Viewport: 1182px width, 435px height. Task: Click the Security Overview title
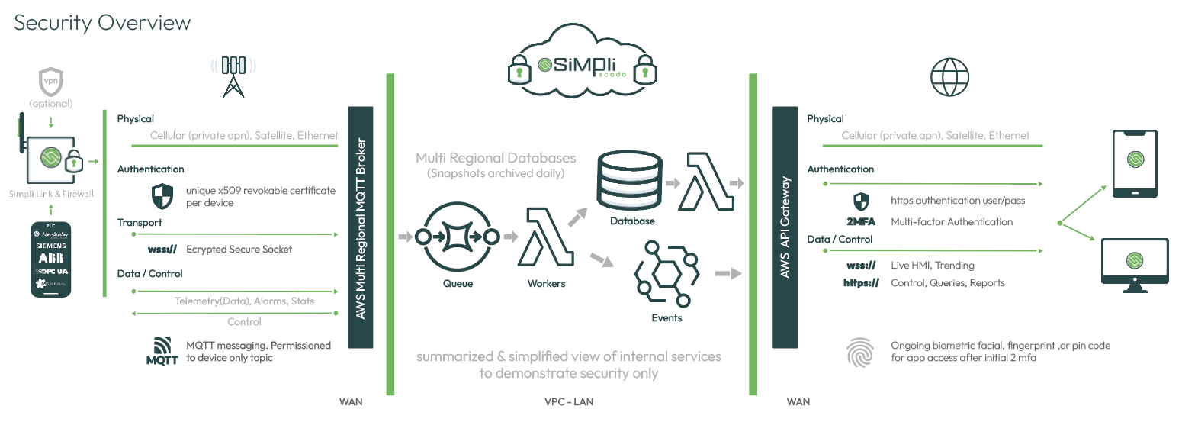coord(102,23)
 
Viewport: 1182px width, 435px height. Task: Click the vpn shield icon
coord(51,81)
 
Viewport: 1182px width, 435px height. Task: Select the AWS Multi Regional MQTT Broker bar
coord(361,227)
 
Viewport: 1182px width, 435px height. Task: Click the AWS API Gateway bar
coord(785,227)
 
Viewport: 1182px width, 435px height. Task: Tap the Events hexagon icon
coord(666,272)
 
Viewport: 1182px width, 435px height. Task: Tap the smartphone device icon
coord(1134,163)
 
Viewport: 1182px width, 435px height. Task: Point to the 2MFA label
coord(861,222)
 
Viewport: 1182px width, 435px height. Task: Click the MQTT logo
coord(162,351)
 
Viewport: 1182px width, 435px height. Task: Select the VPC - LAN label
coord(565,401)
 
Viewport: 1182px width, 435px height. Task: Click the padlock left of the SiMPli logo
coord(519,71)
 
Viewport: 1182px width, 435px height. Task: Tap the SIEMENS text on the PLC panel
coord(51,247)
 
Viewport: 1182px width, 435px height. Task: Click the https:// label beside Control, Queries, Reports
coord(861,283)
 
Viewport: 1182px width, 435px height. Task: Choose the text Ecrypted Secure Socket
coord(239,250)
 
